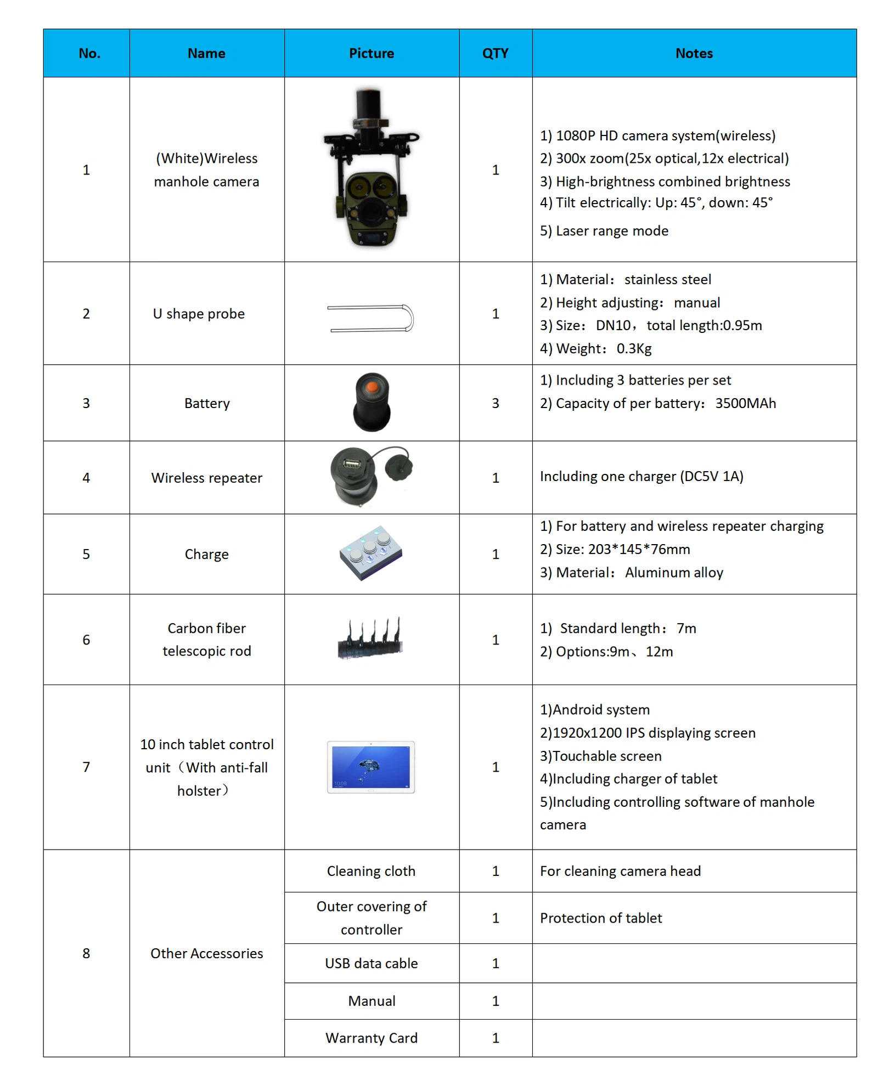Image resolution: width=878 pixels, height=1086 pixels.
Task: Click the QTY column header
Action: tap(495, 53)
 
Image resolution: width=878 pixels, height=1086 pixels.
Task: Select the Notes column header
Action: tap(694, 53)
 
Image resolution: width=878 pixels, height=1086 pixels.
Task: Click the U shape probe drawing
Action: tap(370, 318)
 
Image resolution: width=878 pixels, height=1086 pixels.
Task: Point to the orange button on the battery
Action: tap(372, 387)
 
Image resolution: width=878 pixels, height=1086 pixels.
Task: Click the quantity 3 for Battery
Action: tap(495, 403)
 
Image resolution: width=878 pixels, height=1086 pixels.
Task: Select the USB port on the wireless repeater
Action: tap(352, 464)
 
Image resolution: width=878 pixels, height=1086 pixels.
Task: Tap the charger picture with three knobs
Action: tap(371, 553)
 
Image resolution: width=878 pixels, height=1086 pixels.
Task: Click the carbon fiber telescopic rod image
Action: tap(370, 639)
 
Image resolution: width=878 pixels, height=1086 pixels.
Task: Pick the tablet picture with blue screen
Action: tap(371, 767)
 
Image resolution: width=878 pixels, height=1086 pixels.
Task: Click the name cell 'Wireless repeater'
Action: tap(207, 478)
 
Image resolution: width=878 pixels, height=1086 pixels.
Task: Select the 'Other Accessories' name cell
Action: tap(207, 953)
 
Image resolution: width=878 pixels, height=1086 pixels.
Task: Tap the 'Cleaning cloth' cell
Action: tap(371, 871)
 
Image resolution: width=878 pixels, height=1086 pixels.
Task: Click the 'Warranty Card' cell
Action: tap(371, 1038)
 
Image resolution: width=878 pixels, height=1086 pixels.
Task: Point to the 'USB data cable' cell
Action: tap(371, 963)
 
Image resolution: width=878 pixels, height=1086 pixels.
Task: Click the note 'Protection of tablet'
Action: tap(601, 918)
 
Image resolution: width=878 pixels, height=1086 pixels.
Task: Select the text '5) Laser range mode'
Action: tap(604, 231)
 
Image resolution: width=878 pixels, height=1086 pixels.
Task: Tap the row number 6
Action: tap(86, 640)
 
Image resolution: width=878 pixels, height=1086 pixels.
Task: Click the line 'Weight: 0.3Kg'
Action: tap(596, 348)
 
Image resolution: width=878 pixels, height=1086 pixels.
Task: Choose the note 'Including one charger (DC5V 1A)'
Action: tap(641, 476)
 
